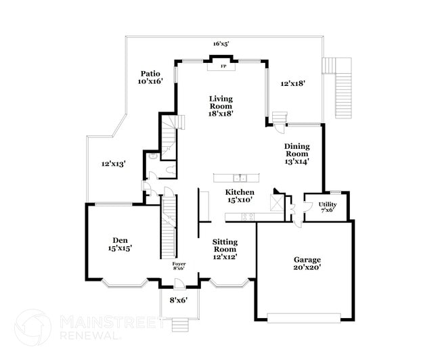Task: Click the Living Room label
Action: (x=221, y=106)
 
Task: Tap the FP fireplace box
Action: (x=221, y=66)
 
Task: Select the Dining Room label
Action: (x=297, y=154)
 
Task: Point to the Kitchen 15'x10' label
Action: (x=240, y=196)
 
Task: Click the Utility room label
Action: (x=328, y=207)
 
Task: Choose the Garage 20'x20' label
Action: (x=307, y=263)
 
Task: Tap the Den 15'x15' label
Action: (x=120, y=244)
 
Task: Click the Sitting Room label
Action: (x=225, y=249)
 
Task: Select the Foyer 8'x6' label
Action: (x=179, y=266)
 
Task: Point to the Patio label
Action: (x=150, y=74)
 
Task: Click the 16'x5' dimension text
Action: (x=221, y=44)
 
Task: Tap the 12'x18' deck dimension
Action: (x=293, y=83)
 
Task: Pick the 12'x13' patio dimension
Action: (x=113, y=164)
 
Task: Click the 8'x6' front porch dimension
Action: (x=179, y=300)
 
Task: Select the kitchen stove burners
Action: (x=248, y=217)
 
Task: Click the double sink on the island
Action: (x=240, y=178)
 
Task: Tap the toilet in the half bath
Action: (x=171, y=170)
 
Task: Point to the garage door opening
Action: (x=304, y=318)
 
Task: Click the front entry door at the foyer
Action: (x=179, y=284)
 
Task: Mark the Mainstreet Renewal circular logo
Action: (x=33, y=328)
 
